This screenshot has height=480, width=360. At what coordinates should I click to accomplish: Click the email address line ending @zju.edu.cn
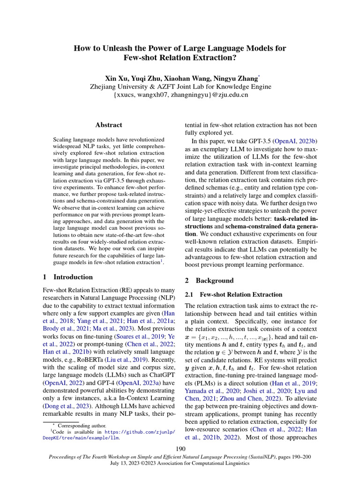[x=180, y=95]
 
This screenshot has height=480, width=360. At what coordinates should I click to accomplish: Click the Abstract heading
[x=108, y=125]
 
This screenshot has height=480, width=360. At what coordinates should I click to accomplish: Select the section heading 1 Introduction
[x=67, y=277]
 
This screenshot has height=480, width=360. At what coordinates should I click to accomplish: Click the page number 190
[x=180, y=450]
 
